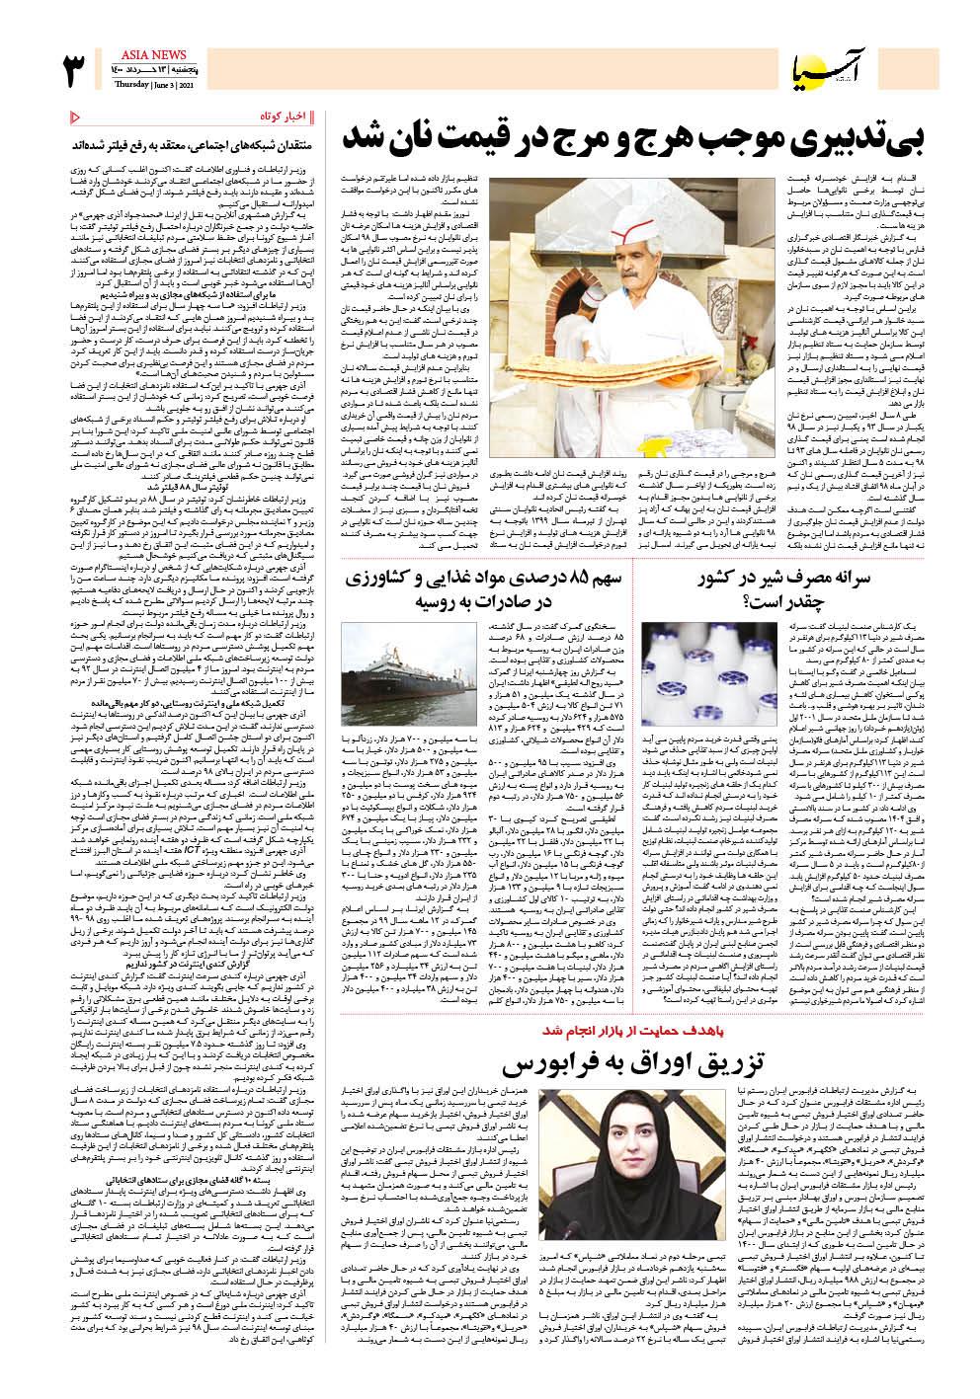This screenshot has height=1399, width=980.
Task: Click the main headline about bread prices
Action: point(631,137)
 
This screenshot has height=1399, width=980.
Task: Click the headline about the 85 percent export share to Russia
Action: point(483,589)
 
